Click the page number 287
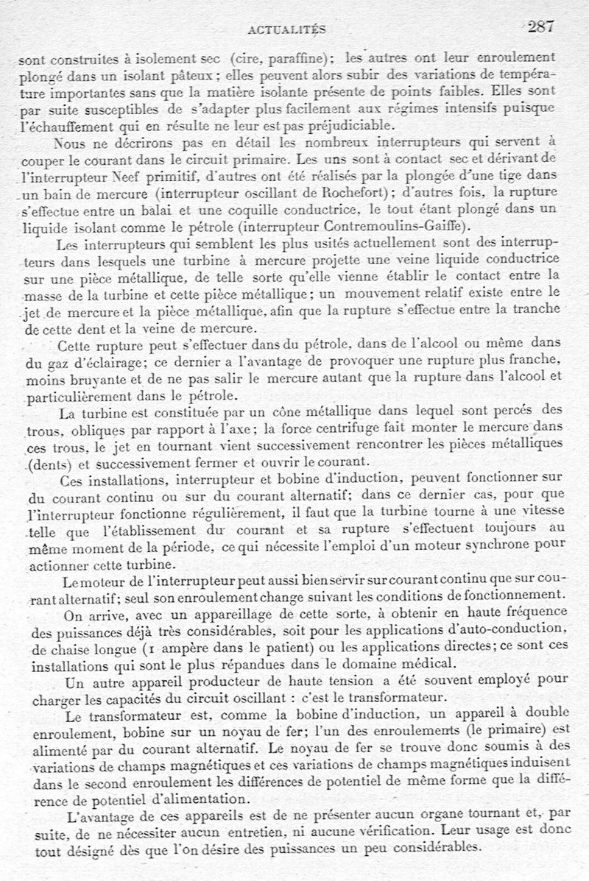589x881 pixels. (x=541, y=27)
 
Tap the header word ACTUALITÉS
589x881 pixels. (x=287, y=29)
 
